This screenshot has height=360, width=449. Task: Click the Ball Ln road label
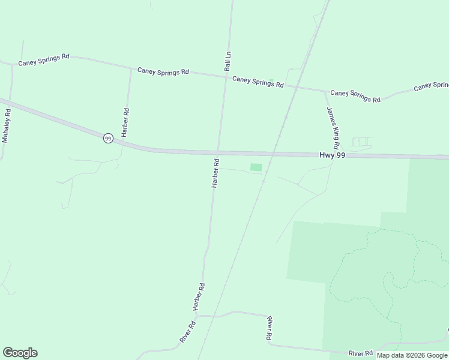pos(228,62)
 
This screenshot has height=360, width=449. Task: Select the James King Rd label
pos(333,128)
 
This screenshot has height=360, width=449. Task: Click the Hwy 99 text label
pos(332,155)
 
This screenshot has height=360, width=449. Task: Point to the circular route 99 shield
pos(107,138)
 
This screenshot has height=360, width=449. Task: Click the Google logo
pos(20,353)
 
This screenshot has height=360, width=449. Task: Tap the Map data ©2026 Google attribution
pos(412,355)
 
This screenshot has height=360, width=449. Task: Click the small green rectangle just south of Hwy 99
pos(256,167)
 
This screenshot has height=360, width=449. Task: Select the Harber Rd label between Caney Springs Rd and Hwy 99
pos(126,122)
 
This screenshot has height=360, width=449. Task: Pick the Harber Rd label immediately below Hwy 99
pos(215,173)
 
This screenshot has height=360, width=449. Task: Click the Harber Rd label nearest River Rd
pos(199,296)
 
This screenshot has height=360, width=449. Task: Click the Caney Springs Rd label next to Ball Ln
pos(258,82)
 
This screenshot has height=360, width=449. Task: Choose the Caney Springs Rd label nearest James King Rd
pos(355,96)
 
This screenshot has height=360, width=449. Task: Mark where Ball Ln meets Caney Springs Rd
pos(226,76)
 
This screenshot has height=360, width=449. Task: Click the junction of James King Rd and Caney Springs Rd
pos(326,91)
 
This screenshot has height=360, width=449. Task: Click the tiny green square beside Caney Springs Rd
pos(271,80)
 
